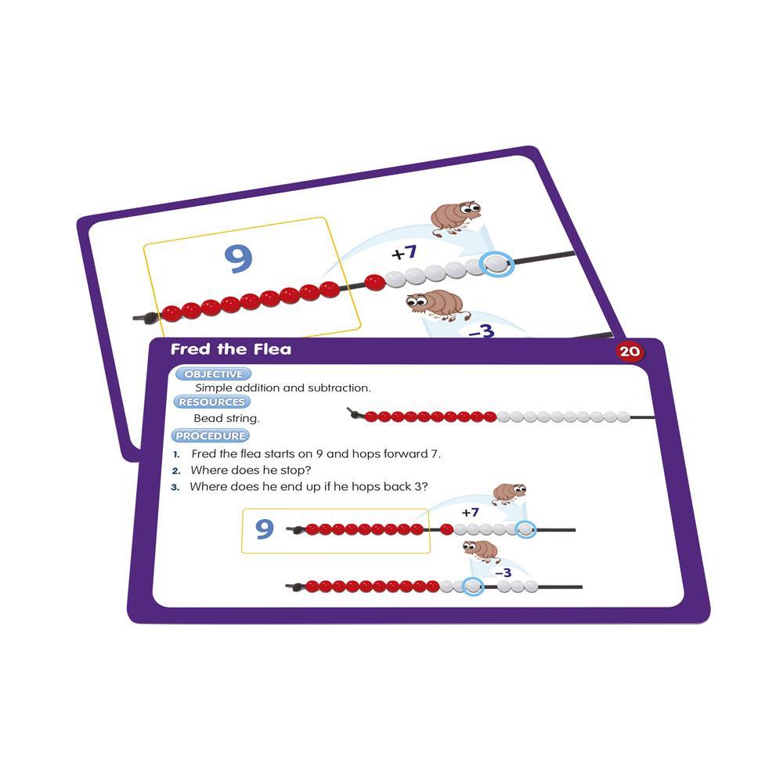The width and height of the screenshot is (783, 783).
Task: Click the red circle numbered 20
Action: point(630,352)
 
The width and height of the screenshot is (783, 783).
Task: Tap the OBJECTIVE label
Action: point(213,374)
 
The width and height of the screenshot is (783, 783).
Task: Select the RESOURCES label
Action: point(211,402)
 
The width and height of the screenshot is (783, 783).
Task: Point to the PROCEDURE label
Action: point(210,436)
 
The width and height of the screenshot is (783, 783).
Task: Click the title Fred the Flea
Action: point(231,349)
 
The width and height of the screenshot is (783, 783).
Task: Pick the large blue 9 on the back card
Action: point(239,258)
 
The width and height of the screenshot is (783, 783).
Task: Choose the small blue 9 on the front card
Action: point(265,529)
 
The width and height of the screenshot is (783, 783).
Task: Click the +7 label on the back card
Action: point(404,253)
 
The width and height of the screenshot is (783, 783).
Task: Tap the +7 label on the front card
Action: point(470,512)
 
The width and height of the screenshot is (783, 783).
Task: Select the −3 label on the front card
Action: point(503,572)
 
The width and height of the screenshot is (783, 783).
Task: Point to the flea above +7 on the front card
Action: point(510,493)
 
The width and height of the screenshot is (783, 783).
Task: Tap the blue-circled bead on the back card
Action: point(496,263)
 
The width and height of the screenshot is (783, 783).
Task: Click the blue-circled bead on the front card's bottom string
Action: point(472,586)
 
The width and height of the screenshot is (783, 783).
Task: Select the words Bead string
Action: point(227,418)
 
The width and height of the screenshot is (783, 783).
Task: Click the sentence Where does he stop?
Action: point(251,471)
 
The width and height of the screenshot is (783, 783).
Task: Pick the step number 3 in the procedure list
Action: point(175,487)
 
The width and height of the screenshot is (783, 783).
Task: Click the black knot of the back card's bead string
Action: point(148,318)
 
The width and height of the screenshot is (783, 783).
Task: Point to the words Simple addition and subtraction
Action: point(283,388)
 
